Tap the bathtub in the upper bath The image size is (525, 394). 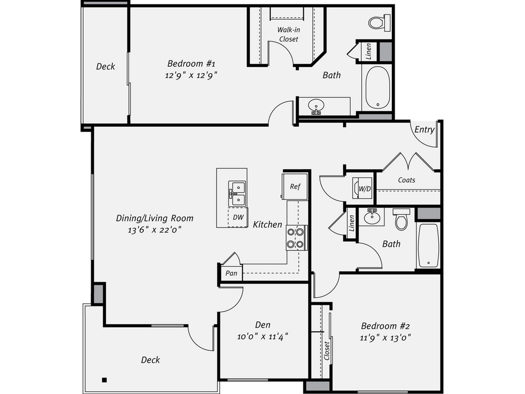pyautogui.click(x=377, y=88)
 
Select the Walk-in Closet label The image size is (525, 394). pyautogui.click(x=288, y=35)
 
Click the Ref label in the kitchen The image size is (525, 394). pyautogui.click(x=295, y=186)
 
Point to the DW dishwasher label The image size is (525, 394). pyautogui.click(x=238, y=217)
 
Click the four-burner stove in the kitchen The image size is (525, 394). pyautogui.click(x=296, y=237)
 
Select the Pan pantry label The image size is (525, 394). pyautogui.click(x=231, y=273)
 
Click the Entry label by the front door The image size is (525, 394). pyautogui.click(x=424, y=130)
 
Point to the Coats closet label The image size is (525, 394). pyautogui.click(x=406, y=180)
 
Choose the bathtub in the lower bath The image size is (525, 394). pyautogui.click(x=428, y=245)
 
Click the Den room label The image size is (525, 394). pyautogui.click(x=263, y=325)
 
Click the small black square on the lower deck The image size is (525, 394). pyautogui.click(x=105, y=379)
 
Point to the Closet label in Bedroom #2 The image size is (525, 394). pyautogui.click(x=327, y=351)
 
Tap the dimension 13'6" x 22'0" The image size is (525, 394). pyautogui.click(x=155, y=229)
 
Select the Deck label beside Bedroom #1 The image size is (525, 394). pyautogui.click(x=105, y=66)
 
